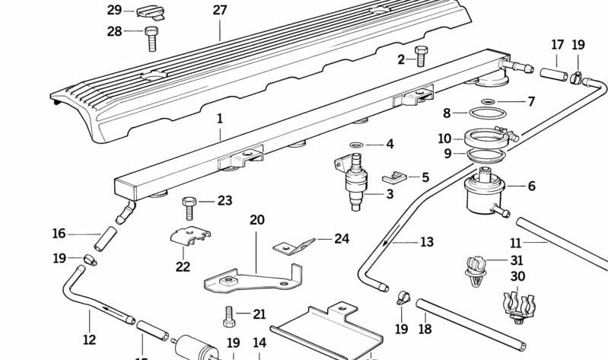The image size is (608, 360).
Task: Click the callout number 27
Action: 220,11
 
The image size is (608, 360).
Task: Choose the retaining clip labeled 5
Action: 531,101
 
